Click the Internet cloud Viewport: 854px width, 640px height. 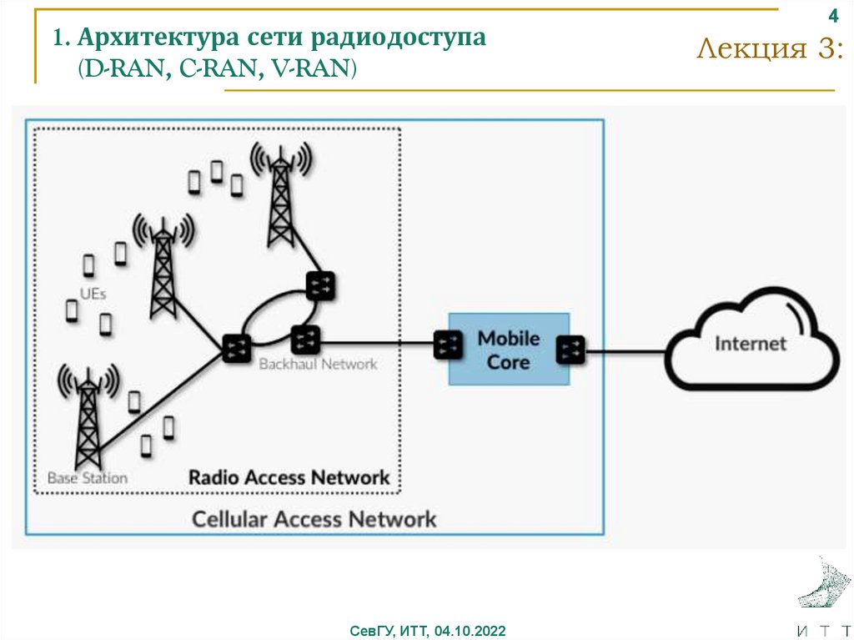tap(751, 341)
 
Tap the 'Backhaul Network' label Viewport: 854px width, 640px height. tap(318, 365)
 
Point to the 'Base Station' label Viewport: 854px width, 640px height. tap(87, 478)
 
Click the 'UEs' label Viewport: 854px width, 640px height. tap(93, 294)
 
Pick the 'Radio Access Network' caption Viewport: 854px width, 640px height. tap(289, 478)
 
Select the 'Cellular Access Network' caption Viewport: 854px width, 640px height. tap(314, 518)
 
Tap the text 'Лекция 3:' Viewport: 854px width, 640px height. tap(769, 50)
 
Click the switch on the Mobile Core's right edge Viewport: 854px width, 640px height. tap(572, 349)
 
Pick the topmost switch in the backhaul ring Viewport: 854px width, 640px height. tap(319, 286)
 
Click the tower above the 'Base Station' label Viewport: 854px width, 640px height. tap(88, 417)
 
